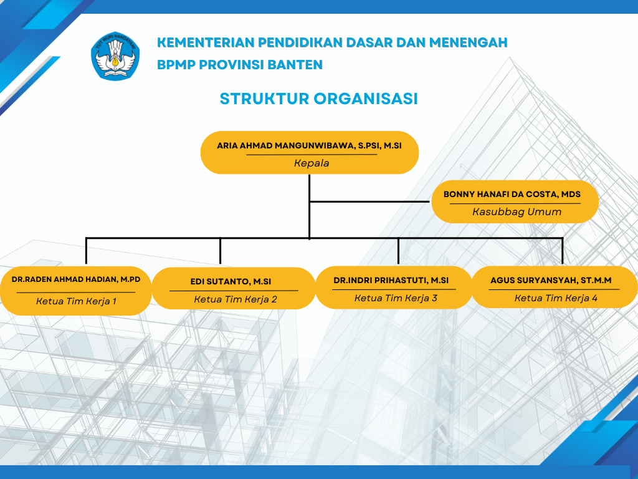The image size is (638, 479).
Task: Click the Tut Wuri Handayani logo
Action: [116, 56]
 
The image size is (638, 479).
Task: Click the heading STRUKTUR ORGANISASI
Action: [318, 99]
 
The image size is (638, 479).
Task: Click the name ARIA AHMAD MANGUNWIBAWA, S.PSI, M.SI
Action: [310, 145]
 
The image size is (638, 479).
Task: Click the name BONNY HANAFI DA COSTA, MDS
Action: [512, 195]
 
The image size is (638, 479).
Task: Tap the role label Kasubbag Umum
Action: [517, 212]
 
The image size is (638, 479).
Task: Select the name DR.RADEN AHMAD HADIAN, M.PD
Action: [76, 279]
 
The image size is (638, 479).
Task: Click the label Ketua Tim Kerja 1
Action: [76, 301]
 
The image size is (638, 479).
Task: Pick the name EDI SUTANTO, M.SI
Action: [231, 282]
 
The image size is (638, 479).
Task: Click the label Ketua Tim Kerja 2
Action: [235, 299]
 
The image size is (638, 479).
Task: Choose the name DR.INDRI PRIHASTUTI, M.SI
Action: [391, 281]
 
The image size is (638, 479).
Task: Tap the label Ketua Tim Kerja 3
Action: [396, 298]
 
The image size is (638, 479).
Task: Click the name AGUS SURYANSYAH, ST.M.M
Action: [551, 281]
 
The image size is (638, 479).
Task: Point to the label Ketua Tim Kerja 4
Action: [556, 298]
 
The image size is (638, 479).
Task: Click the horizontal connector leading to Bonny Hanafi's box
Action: [371, 201]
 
